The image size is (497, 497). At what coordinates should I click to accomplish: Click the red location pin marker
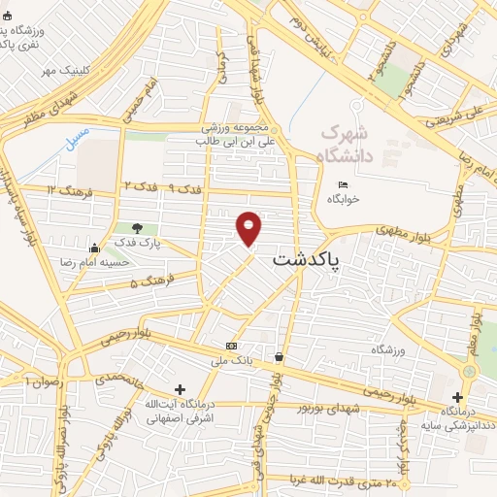click(x=249, y=228)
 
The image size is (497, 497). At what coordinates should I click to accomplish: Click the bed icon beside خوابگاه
click(x=342, y=185)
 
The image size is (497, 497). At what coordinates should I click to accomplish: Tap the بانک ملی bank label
click(x=234, y=360)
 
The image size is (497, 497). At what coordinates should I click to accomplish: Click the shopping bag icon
click(x=280, y=356)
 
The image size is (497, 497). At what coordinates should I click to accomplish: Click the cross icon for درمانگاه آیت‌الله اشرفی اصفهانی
click(x=180, y=389)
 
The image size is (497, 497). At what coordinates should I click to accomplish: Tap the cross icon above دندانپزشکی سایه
click(x=458, y=396)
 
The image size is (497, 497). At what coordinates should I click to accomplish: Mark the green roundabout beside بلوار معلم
click(x=471, y=372)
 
